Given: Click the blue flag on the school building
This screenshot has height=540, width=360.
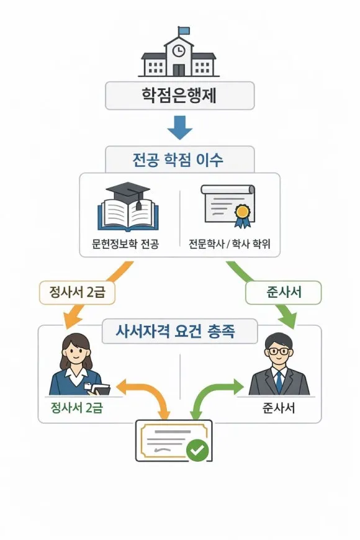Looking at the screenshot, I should point(184,30).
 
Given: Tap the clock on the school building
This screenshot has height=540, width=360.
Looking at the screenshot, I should point(179,50).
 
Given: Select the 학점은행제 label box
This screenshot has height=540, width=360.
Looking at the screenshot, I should point(180,96).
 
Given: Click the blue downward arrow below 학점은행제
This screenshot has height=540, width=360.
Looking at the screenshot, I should point(180,128).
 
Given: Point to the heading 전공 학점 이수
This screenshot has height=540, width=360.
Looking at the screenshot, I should point(179,160).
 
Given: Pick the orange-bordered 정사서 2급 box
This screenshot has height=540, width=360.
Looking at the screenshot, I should point(78,292).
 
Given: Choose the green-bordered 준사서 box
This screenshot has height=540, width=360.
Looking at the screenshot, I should point(284,292).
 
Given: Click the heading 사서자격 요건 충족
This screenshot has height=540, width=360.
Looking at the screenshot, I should point(179,332).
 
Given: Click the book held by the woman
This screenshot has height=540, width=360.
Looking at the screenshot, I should point(99,389).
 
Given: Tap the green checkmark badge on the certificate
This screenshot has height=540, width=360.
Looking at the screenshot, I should point(198,450).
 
